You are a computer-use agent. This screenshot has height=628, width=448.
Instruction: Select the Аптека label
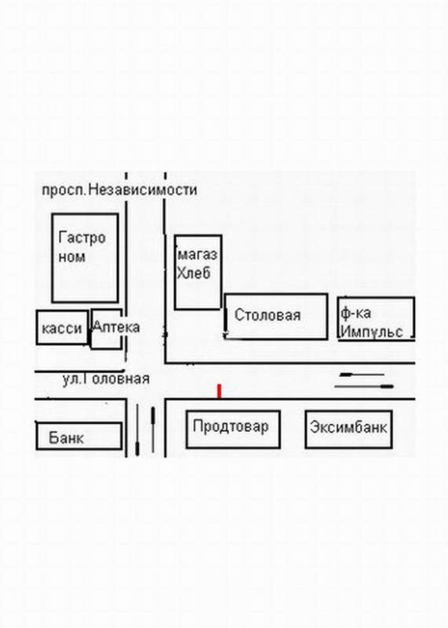tap(116, 327)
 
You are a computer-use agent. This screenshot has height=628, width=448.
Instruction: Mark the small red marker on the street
tap(219, 391)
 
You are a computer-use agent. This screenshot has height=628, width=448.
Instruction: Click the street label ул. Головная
tap(106, 379)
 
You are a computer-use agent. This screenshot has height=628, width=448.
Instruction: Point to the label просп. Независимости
tap(120, 189)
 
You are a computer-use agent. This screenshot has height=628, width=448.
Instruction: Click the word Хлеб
tap(194, 273)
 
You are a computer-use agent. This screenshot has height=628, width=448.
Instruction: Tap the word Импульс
tap(372, 331)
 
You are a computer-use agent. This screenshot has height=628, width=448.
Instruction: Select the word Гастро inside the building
tap(82, 238)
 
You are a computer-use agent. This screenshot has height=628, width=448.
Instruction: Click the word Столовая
tap(268, 315)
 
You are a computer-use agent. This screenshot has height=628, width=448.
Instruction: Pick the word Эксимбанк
tap(348, 427)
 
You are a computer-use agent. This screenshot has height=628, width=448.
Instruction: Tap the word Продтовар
tap(231, 426)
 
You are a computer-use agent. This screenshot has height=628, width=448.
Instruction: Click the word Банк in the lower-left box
tap(66, 437)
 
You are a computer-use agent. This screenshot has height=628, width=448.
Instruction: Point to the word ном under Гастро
tap(72, 257)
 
